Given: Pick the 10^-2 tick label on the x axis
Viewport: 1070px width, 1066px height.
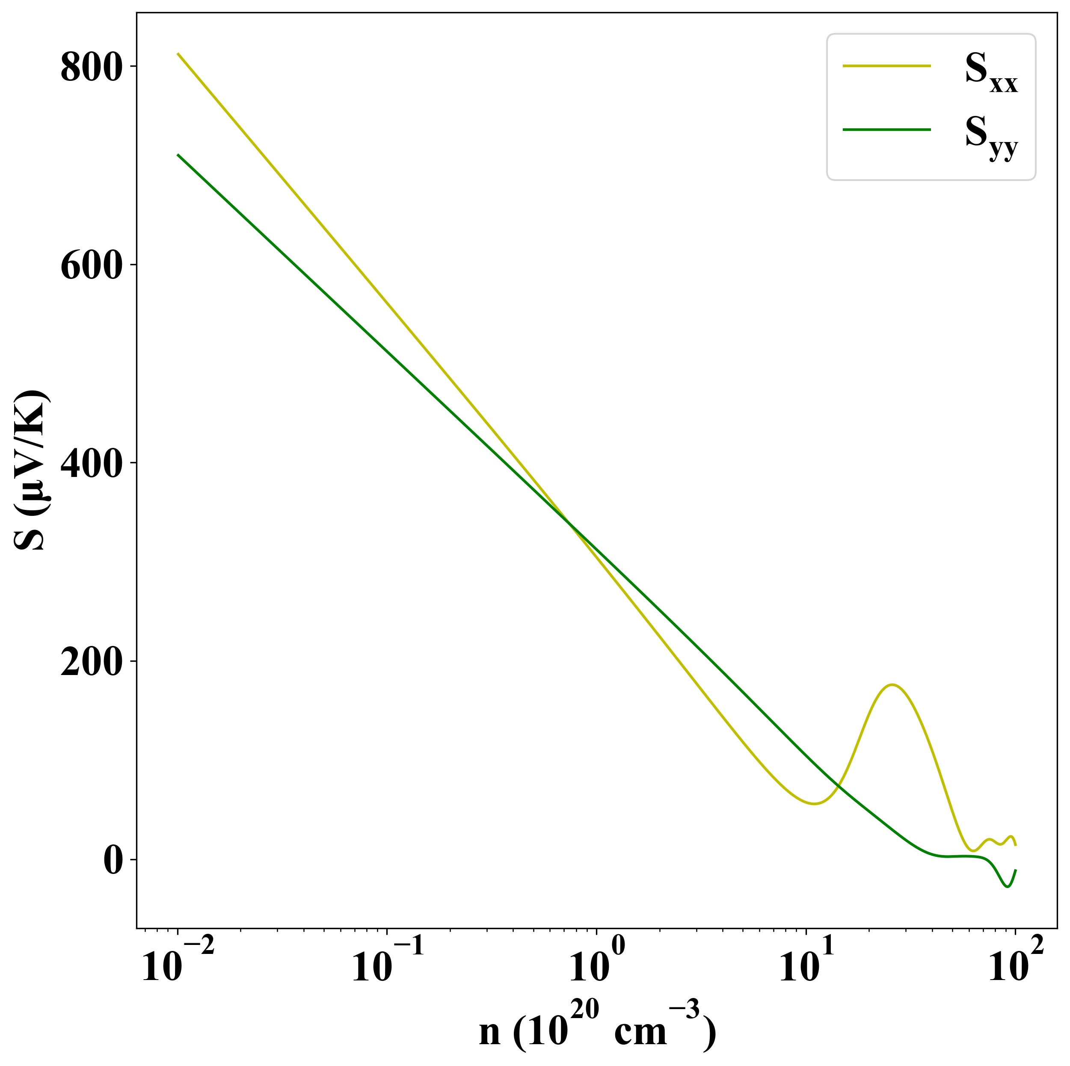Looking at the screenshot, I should coord(177,965).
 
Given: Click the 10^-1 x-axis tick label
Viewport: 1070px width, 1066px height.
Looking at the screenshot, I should coord(387,965).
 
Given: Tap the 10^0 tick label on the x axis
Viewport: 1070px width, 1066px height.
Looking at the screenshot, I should coord(597,965).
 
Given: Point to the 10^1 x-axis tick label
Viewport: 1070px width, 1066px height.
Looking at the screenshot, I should coord(806,965).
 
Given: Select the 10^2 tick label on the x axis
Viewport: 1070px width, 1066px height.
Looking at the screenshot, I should coord(1016,965).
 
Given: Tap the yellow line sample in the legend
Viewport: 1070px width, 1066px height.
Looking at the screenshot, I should coord(887,66).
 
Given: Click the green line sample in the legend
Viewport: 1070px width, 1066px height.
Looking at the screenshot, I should coord(887,130).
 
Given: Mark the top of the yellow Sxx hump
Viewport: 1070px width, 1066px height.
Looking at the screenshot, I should coord(892,685).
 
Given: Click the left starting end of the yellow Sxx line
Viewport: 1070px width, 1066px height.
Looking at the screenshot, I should coord(178,54).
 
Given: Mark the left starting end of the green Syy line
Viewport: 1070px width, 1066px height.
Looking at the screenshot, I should coord(178,155).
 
